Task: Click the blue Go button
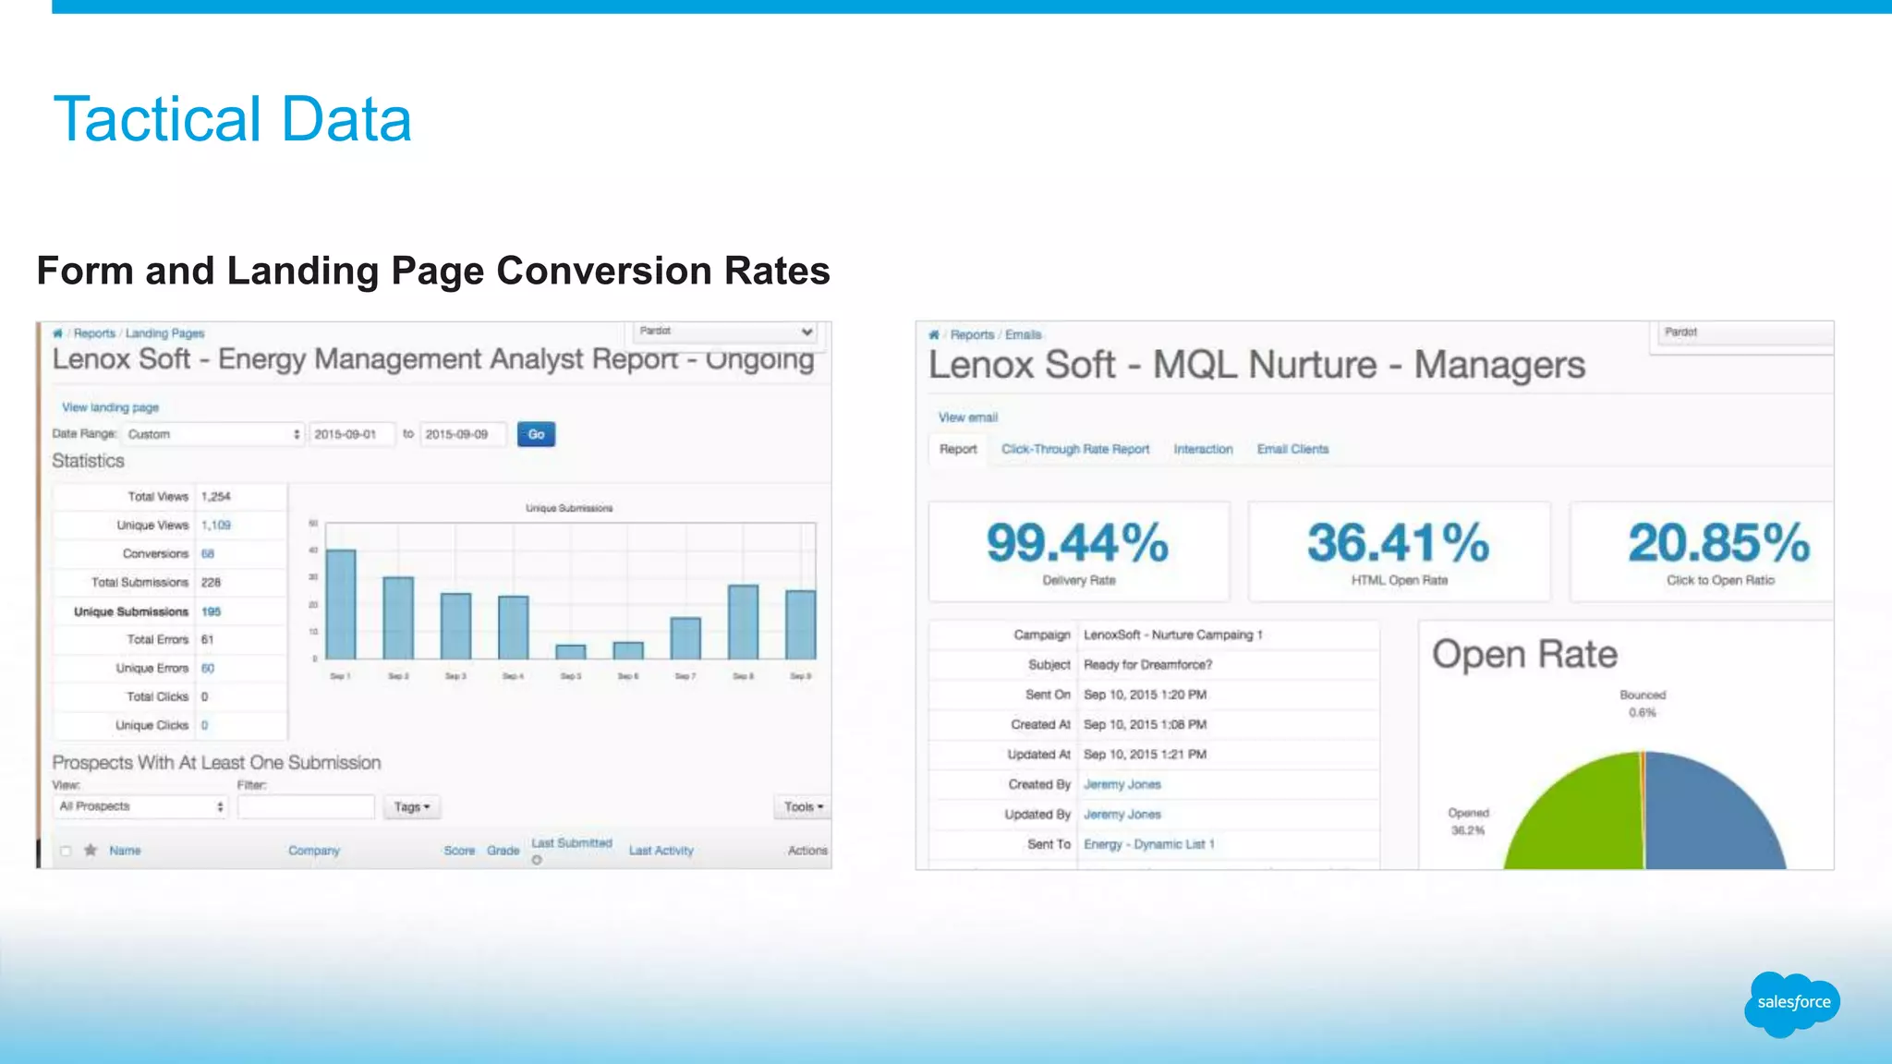coord(536,434)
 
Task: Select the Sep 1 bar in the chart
coord(341,605)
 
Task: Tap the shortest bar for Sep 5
coord(571,651)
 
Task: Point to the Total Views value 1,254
coord(216,497)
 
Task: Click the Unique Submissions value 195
coord(211,611)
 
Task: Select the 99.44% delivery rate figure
coord(1077,543)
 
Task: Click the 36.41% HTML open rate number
coord(1398,543)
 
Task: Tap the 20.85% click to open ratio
coord(1718,543)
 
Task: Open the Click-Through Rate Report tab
coord(1075,449)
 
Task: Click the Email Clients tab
coord(1292,449)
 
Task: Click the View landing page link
coord(110,407)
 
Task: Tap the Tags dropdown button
coord(412,807)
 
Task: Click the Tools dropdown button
coord(803,807)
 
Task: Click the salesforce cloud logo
coord(1792,1003)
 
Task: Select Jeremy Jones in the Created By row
coord(1122,784)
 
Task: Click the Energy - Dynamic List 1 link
coord(1148,844)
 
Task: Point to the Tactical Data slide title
coord(233,119)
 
